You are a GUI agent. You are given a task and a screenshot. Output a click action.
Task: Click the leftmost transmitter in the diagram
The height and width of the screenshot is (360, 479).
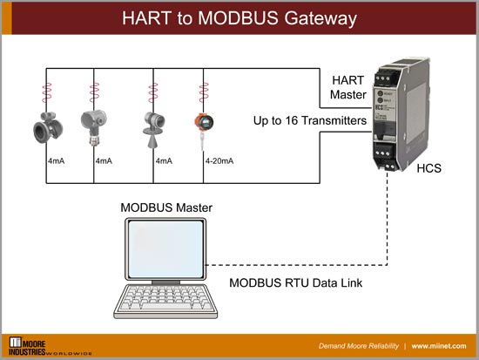point(43,125)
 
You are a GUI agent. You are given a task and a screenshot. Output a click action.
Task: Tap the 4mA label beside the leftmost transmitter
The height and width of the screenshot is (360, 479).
point(56,161)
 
